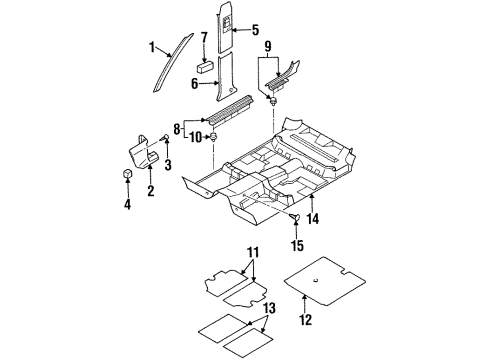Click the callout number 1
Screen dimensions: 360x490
click(x=153, y=48)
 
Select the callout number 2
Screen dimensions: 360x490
click(x=149, y=190)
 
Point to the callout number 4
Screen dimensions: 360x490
click(x=127, y=205)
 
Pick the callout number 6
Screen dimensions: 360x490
click(x=196, y=84)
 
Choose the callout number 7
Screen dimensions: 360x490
click(x=205, y=39)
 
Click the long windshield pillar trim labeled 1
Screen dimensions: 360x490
click(x=168, y=62)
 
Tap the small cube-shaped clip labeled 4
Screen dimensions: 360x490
click(x=128, y=178)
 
